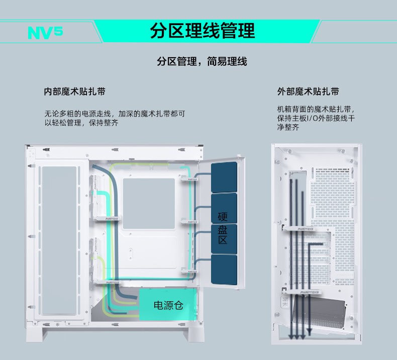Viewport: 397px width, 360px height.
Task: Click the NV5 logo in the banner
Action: tap(45, 32)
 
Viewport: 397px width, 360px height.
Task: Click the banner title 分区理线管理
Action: tap(202, 31)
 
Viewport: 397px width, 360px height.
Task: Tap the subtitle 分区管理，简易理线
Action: tap(202, 62)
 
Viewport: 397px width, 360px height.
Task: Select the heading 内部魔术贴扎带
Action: tap(74, 92)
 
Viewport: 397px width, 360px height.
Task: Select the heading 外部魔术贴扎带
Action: tap(308, 92)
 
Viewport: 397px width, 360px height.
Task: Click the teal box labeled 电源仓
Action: tap(168, 304)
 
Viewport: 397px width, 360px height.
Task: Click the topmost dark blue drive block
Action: tap(224, 176)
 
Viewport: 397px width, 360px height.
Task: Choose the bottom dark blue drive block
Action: tap(224, 271)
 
